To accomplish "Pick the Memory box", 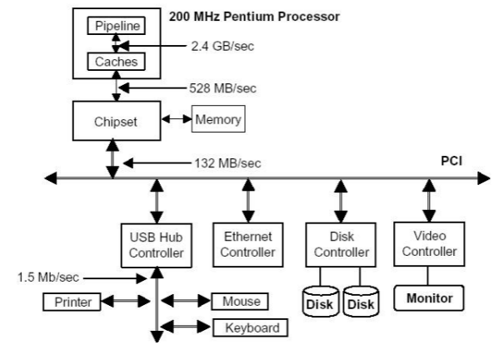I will [x=219, y=119].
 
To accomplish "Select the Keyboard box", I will [x=252, y=327].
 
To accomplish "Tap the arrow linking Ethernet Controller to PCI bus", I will [x=247, y=200].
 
